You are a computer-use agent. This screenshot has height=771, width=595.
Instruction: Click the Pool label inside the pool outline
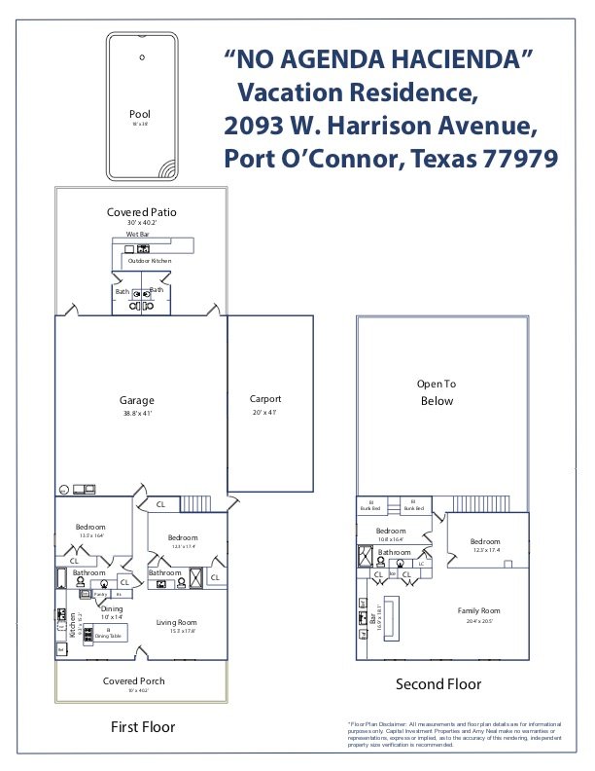click(141, 115)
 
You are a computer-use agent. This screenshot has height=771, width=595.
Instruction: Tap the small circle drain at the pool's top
click(142, 57)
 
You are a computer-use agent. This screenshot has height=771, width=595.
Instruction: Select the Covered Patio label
click(141, 212)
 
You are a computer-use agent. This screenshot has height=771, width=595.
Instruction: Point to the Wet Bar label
click(138, 235)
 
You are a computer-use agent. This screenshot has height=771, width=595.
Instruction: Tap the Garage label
click(137, 400)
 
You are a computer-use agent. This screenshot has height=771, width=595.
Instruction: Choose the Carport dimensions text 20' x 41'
click(265, 412)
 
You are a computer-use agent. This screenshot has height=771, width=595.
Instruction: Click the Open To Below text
click(437, 392)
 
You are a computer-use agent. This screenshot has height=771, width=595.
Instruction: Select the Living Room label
click(177, 622)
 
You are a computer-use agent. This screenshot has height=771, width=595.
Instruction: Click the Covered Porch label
click(133, 680)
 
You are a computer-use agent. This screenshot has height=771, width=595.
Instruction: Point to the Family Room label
click(478, 610)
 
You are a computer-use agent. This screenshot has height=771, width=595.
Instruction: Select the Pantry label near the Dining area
click(100, 594)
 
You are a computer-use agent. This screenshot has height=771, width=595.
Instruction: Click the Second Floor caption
click(437, 684)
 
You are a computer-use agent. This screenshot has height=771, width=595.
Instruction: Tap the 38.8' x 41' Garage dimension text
click(137, 414)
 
